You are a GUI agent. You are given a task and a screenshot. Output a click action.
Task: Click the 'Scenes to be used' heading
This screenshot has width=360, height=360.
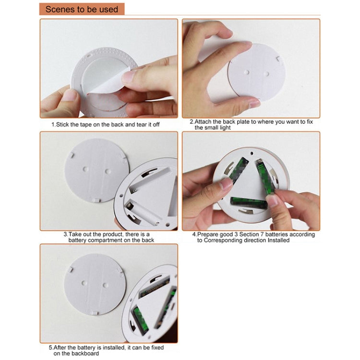[x=82, y=9]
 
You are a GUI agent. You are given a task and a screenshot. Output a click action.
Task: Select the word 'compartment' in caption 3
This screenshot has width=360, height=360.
[x=113, y=240]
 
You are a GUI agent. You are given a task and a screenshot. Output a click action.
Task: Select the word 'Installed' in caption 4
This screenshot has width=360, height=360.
[x=279, y=240]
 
